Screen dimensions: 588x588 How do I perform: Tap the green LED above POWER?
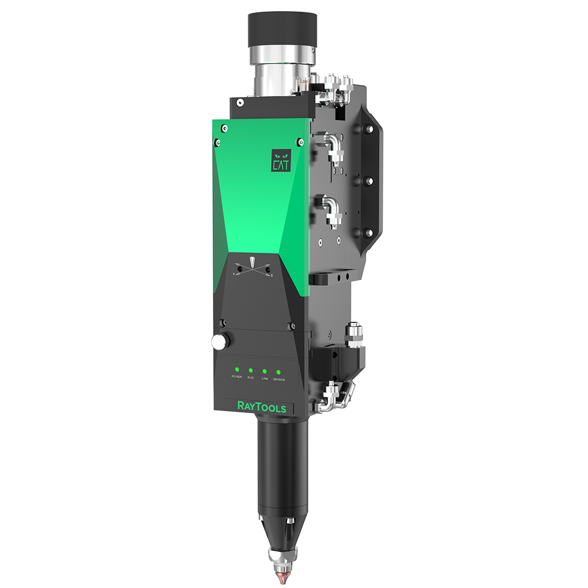(236, 369)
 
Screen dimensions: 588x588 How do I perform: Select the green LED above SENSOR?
(278, 372)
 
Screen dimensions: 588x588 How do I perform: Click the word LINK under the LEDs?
(265, 380)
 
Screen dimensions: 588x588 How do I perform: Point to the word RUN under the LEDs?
(250, 379)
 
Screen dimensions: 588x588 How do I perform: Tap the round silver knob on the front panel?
(220, 340)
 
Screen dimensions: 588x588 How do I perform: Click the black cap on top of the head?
(282, 29)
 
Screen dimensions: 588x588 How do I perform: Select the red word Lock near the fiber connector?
(304, 82)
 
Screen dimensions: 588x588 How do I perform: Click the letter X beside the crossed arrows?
(271, 275)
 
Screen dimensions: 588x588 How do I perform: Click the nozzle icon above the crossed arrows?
(253, 260)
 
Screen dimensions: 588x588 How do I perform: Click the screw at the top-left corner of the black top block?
(240, 103)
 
